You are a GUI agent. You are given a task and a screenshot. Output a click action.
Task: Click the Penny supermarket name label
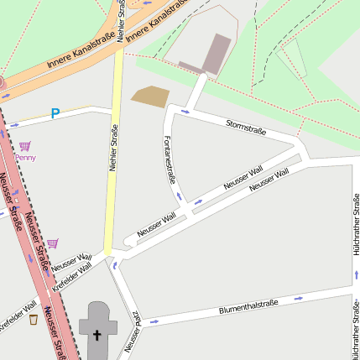pyautogui.click(x=25, y=157)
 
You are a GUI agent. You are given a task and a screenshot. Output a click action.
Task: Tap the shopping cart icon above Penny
pyautogui.click(x=24, y=146)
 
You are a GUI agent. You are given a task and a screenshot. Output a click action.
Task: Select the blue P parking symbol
pyautogui.click(x=55, y=113)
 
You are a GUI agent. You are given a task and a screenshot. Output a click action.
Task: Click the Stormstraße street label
pyautogui.click(x=246, y=127)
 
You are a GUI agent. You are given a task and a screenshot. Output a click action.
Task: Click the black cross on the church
pyautogui.click(x=97, y=337)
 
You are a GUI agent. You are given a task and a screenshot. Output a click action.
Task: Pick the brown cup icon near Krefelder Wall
pyautogui.click(x=33, y=320)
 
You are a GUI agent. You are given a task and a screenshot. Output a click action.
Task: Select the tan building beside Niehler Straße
pyautogui.click(x=150, y=97)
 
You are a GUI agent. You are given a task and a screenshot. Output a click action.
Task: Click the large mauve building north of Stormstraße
pyautogui.click(x=216, y=53)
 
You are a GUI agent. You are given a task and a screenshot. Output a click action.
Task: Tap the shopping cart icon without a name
pyautogui.click(x=53, y=243)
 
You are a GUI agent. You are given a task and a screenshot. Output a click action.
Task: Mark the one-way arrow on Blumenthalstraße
pyautogui.click(x=298, y=298)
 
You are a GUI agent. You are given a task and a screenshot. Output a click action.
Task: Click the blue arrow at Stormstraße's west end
pyautogui.click(x=185, y=111)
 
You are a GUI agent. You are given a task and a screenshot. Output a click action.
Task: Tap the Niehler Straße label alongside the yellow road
pyautogui.click(x=113, y=149)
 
